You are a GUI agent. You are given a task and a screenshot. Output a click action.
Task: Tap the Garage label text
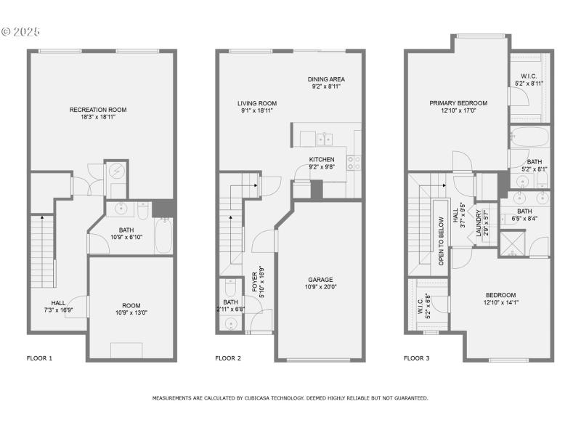[x=320, y=280]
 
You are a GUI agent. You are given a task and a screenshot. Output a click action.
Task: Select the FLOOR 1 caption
[x=39, y=358]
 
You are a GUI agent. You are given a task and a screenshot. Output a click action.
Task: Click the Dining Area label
[x=325, y=79]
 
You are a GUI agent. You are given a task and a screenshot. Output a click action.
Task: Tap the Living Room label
[x=257, y=103]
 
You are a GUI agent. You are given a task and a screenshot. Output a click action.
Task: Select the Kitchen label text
[x=322, y=159]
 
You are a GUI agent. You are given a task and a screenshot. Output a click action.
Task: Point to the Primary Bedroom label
[x=458, y=103]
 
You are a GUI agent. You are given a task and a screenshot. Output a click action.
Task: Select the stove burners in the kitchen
[x=355, y=163]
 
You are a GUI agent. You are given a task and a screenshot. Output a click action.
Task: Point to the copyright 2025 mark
[x=21, y=32]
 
